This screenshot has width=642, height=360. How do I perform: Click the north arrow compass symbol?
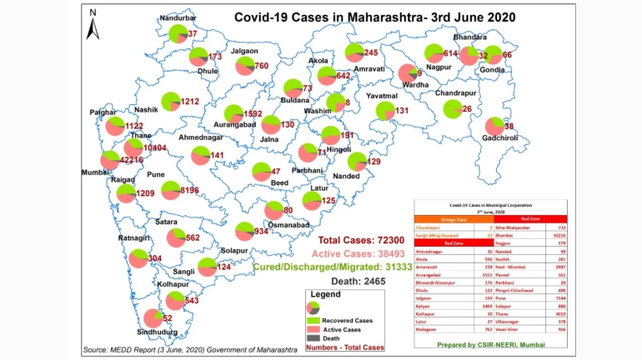[95, 24]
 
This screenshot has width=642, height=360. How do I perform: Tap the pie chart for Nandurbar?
[178, 33]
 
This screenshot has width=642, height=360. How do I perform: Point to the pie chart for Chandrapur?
[452, 109]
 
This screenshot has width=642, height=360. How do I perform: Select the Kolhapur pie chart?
[175, 300]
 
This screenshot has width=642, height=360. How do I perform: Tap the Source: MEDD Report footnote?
[189, 349]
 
